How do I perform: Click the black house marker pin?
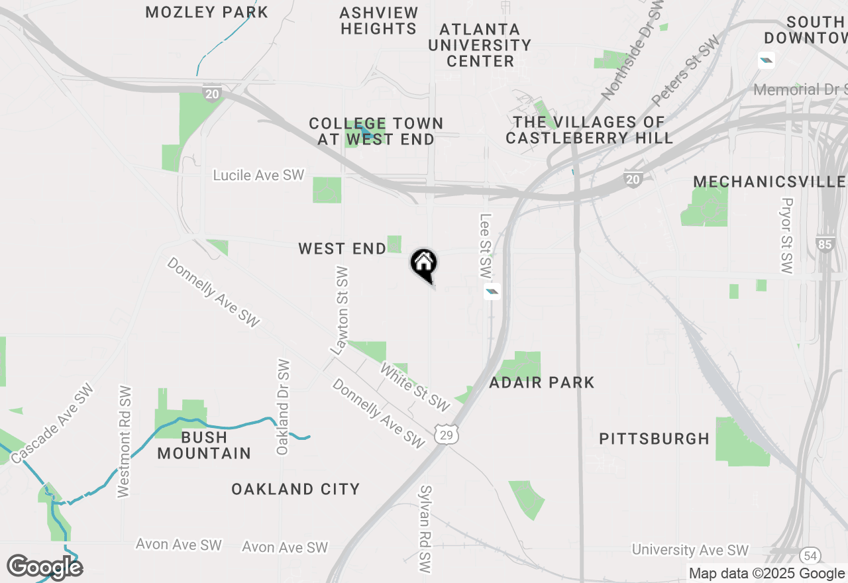[x=424, y=264]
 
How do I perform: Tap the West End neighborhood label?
[x=342, y=249]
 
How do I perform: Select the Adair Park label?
[x=542, y=382]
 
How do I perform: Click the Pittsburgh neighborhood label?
[x=654, y=439]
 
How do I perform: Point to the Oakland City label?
[x=295, y=489]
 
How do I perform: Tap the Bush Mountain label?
[x=204, y=445]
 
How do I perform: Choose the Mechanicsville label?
[x=769, y=182]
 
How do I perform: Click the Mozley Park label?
[x=207, y=12]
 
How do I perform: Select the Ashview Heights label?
[x=378, y=21]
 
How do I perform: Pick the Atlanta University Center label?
[x=480, y=45]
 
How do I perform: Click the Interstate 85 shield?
[x=825, y=244]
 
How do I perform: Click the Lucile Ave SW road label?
[x=258, y=175]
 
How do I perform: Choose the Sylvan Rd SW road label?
[x=426, y=528]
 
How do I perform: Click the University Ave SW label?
[x=690, y=550]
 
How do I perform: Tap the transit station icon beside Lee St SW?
[x=492, y=291]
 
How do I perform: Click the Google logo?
[x=44, y=567]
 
